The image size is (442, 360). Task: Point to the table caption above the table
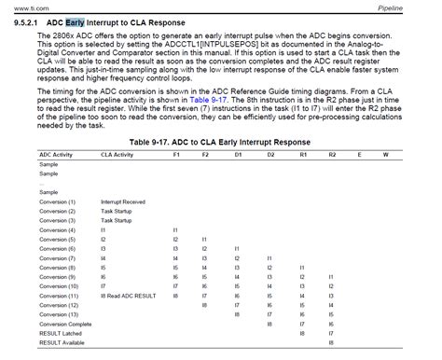(x=219, y=141)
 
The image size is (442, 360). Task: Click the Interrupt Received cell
(x=124, y=201)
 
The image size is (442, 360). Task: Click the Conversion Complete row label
(x=65, y=325)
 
